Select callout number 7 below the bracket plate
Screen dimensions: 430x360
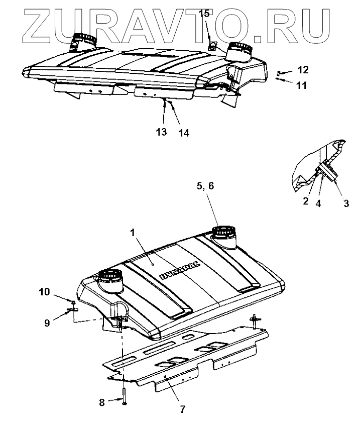coord(182,409)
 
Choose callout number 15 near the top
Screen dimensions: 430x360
coord(204,14)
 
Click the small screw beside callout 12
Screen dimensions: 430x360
coord(280,73)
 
